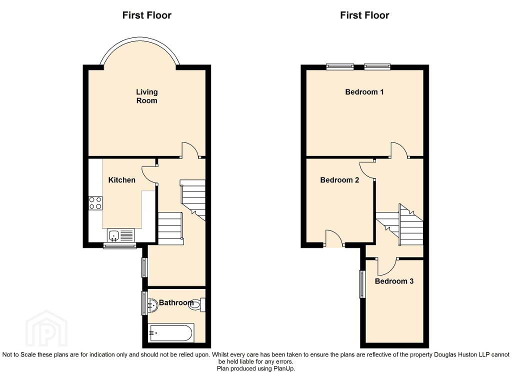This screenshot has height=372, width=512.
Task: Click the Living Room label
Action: coord(146,96)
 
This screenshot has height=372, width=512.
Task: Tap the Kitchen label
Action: coord(122,180)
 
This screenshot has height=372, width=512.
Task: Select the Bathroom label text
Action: coord(176,303)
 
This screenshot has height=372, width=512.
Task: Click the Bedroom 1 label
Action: coord(364,92)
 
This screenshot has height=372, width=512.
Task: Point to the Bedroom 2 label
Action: coord(339,180)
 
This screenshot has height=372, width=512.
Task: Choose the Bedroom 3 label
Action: coord(394,281)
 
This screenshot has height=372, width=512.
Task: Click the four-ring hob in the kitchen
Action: coord(95,203)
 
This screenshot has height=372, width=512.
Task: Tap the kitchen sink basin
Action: coord(114,234)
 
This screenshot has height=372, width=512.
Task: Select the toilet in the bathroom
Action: coord(197,304)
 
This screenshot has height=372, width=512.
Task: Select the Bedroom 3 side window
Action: coord(362,284)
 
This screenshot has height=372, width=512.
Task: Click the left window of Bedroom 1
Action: coord(340,66)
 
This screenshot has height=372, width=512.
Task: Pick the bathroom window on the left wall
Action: coord(144,303)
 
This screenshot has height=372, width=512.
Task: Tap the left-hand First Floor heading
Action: coord(146,15)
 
